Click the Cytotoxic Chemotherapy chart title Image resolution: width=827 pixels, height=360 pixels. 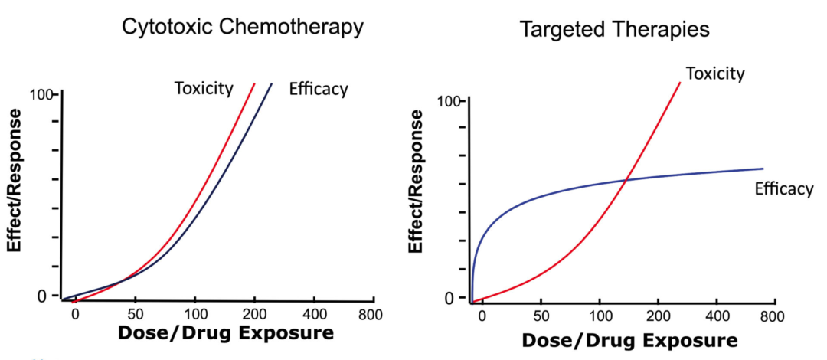tap(243, 28)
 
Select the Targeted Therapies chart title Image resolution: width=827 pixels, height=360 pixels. tap(615, 30)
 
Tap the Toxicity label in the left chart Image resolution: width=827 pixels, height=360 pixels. tap(203, 88)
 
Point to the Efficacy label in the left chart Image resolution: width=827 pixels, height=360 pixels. tap(318, 89)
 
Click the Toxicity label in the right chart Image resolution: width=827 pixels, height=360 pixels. tap(715, 74)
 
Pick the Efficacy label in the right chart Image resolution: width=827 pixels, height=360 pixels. tap(783, 188)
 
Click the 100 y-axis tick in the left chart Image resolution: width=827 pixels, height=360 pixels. tap(44, 95)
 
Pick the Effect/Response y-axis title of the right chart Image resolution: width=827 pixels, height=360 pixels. tap(417, 181)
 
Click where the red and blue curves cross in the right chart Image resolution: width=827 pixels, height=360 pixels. tap(626, 179)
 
